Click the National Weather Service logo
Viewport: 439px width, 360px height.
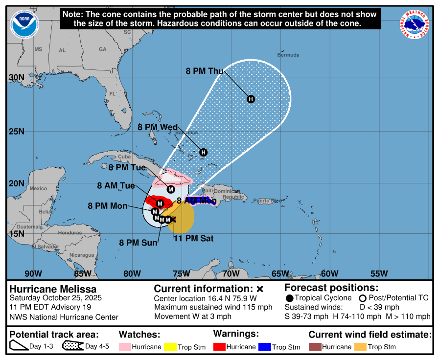point(416,25)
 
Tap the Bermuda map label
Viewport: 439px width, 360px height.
point(288,55)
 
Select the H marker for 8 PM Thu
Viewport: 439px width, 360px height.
point(251,99)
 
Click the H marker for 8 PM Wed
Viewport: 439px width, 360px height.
point(204,152)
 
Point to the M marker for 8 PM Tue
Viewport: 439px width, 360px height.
point(171,189)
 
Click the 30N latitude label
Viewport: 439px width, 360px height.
point(16,77)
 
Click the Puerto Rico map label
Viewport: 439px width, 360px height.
point(265,201)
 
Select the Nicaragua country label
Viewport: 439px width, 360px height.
point(82,255)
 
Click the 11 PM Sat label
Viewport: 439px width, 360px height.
point(194,239)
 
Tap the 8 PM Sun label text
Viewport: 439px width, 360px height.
point(139,242)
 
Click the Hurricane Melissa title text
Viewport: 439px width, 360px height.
point(53,289)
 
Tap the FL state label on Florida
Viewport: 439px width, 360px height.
point(112,93)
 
